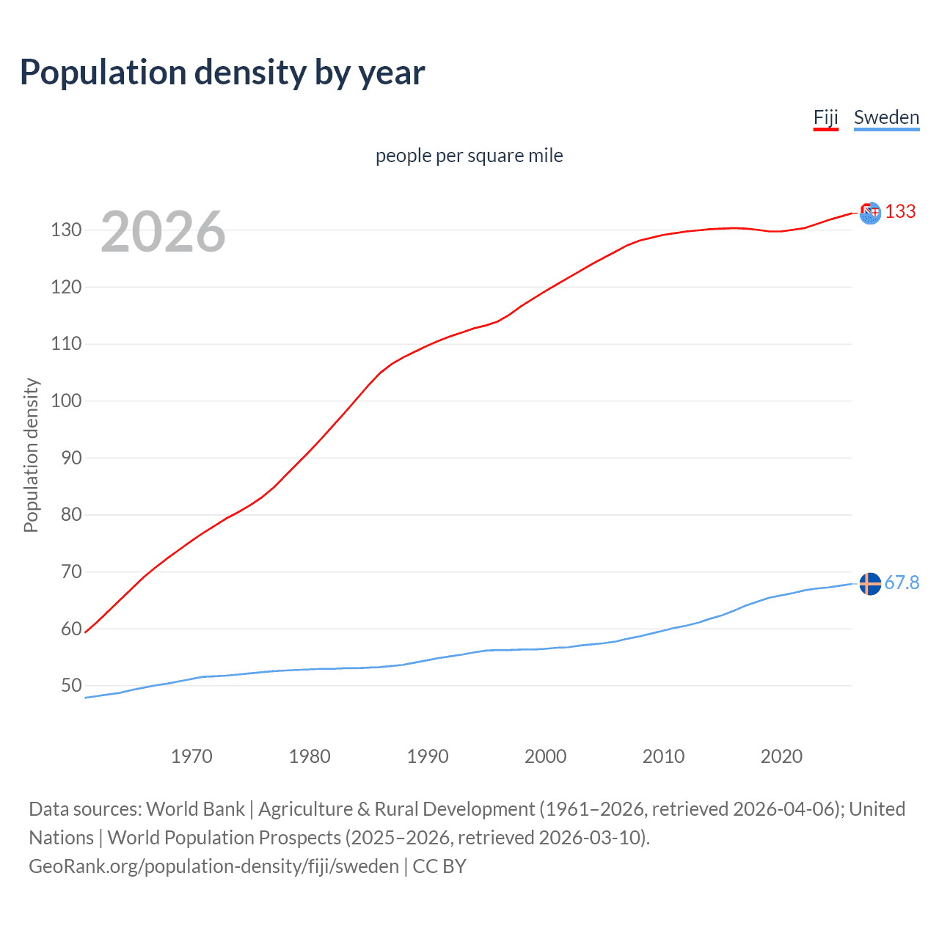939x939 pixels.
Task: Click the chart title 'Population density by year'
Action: click(222, 73)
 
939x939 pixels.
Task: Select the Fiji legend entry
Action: click(825, 117)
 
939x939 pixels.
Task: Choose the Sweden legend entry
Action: click(886, 117)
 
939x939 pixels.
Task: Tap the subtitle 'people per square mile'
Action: click(469, 156)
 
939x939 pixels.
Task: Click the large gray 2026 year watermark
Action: click(163, 232)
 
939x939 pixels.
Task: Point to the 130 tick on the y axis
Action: click(66, 230)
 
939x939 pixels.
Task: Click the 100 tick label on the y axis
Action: click(66, 401)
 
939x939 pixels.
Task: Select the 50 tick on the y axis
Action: click(71, 686)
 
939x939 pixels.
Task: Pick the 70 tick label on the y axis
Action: click(71, 572)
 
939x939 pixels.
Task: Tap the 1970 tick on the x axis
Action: click(191, 756)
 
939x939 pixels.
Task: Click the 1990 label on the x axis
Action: click(428, 756)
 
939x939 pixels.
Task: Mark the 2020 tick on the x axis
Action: click(781, 756)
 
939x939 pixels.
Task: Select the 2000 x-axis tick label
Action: click(546, 756)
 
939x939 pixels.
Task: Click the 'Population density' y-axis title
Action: click(31, 455)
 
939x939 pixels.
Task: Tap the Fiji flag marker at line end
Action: click(870, 213)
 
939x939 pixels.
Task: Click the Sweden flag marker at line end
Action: click(870, 584)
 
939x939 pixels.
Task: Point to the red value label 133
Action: click(900, 212)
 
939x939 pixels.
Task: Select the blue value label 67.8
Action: click(902, 582)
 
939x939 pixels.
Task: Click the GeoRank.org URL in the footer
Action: click(213, 866)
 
